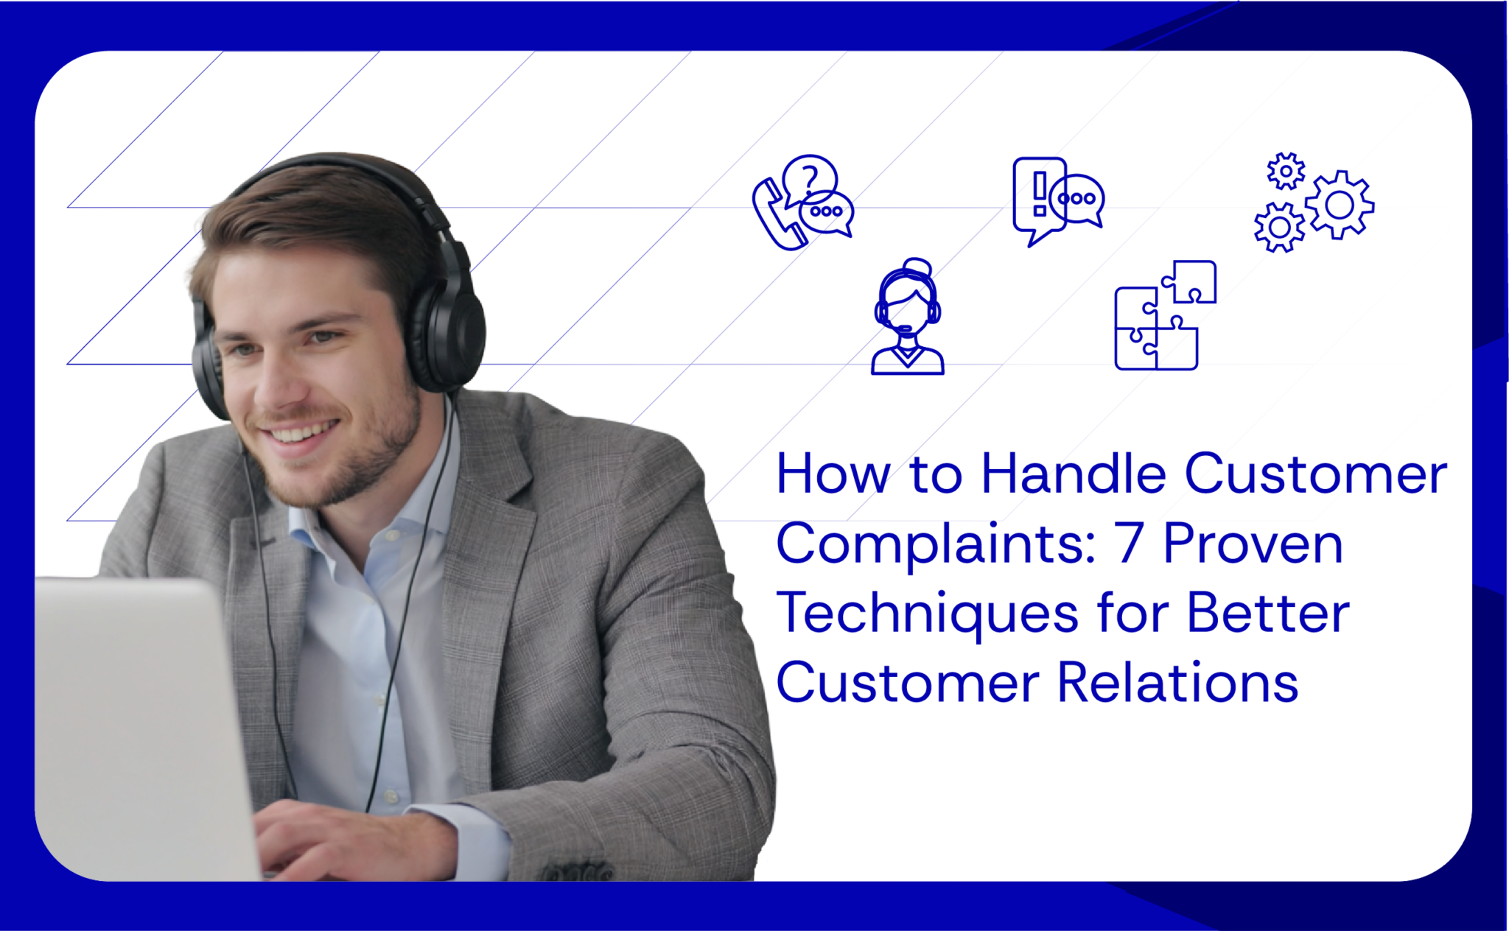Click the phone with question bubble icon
802,203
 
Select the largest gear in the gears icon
1340,205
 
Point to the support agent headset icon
907,318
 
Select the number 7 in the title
1128,544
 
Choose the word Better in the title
1267,613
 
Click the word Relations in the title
1177,683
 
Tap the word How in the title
833,474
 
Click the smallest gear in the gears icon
1286,171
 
